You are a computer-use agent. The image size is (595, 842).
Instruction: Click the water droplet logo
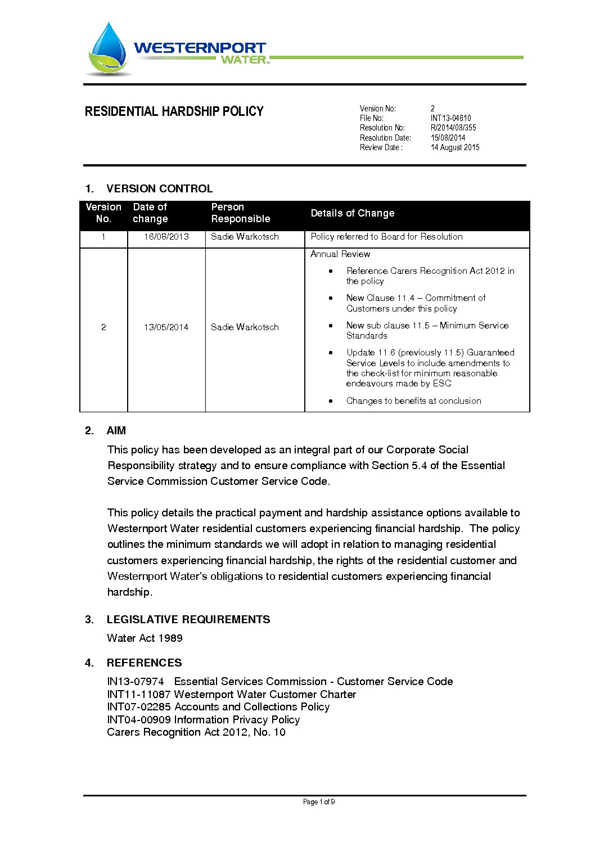tap(108, 49)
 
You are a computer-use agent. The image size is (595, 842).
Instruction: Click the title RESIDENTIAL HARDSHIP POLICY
tap(174, 111)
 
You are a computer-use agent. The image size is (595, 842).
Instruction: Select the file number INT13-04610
tap(450, 118)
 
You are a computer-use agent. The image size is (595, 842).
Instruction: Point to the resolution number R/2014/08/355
tap(453, 128)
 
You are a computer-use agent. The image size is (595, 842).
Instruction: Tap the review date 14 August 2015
tap(455, 147)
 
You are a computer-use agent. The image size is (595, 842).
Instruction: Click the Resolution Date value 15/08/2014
tap(448, 138)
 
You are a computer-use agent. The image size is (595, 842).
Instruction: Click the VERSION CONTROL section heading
tap(159, 188)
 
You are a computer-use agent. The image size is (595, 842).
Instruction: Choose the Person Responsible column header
tap(240, 213)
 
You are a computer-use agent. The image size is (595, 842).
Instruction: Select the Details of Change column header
tap(352, 213)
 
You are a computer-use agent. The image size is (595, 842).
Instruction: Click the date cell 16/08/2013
tap(166, 237)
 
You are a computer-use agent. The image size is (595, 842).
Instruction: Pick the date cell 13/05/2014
tap(166, 327)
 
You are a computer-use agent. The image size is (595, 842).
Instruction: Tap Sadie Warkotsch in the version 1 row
tap(245, 237)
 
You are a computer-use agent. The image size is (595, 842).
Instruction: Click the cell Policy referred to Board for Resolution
tap(386, 237)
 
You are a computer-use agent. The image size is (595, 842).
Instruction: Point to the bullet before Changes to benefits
tap(331, 401)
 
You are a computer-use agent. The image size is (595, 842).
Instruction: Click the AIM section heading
tap(116, 431)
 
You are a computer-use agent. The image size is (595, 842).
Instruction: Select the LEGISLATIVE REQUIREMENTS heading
tap(188, 619)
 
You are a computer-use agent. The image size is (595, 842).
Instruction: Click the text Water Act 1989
tap(145, 638)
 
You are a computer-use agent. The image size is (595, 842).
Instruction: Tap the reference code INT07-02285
tap(138, 707)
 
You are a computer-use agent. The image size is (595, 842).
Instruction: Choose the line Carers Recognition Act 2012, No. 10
tap(196, 732)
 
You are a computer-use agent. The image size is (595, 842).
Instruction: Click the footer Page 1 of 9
tap(319, 802)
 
